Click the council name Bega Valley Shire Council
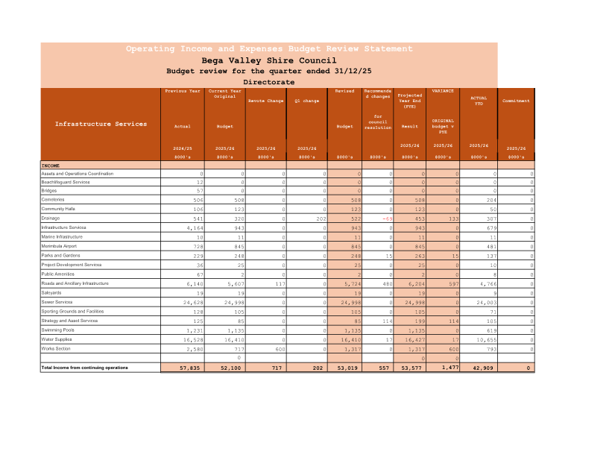click(269, 60)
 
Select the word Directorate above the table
click(269, 82)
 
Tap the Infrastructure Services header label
click(101, 124)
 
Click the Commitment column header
click(516, 101)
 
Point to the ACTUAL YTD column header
click(479, 101)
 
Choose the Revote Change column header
click(265, 101)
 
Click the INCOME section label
click(51, 166)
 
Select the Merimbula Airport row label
click(59, 246)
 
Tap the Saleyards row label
click(51, 292)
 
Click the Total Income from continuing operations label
click(84, 368)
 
